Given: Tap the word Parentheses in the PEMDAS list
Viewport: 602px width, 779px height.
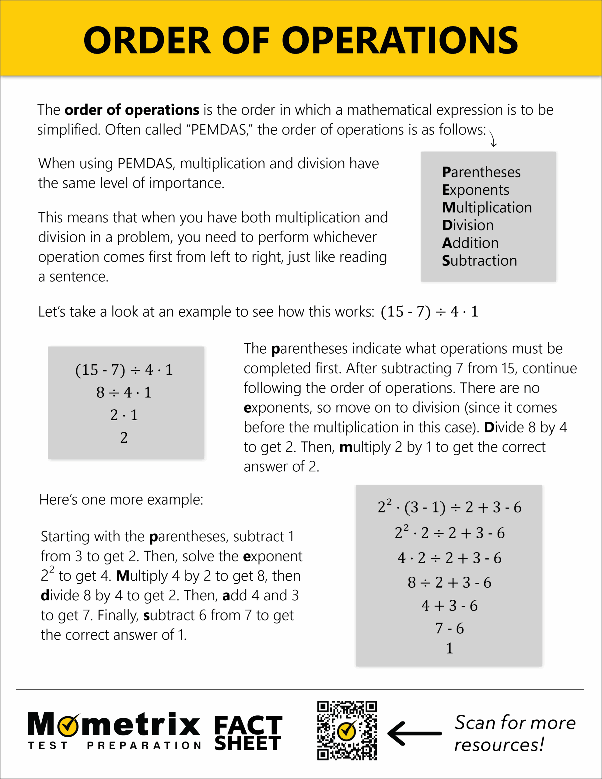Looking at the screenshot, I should [481, 173].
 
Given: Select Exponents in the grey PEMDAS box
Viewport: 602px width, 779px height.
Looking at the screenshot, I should [475, 190].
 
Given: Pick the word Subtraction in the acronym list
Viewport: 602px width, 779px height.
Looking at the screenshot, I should [479, 261].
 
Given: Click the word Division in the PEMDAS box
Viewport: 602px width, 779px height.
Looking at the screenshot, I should [468, 225].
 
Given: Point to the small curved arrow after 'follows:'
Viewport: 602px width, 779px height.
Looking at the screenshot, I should [493, 138].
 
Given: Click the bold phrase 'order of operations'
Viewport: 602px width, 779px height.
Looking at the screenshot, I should [132, 110].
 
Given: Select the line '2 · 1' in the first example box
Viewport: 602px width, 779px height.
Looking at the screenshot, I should [124, 415].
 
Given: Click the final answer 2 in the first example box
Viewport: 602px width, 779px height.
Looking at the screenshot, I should [124, 438].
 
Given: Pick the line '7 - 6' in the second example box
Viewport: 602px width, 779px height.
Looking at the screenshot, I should [449, 628].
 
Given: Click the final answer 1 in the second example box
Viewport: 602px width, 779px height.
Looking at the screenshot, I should [449, 648].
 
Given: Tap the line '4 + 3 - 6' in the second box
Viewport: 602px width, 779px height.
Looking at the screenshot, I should [449, 606].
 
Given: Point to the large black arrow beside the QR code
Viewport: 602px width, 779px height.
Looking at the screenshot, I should [414, 733].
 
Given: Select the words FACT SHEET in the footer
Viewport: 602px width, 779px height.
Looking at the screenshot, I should [248, 733].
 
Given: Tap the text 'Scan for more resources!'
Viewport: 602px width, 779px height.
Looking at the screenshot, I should [514, 733].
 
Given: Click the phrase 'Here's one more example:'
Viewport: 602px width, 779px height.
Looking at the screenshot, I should [121, 500].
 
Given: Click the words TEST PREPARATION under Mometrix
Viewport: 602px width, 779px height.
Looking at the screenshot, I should [114, 746].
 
